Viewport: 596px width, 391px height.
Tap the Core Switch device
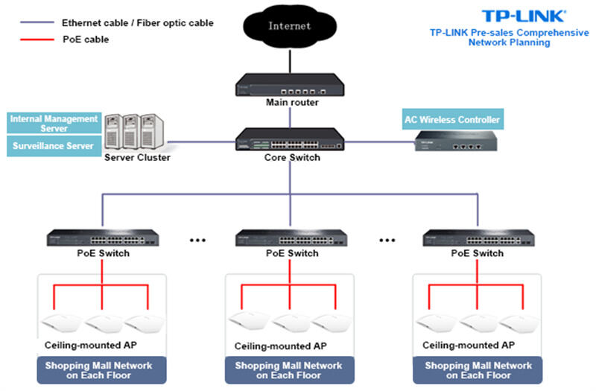(290, 139)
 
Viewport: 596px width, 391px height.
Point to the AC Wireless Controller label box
(452, 119)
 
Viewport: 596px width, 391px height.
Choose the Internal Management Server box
(54, 124)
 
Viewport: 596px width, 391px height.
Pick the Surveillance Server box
(54, 146)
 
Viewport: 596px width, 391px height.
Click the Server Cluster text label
(137, 158)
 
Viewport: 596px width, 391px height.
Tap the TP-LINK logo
(524, 16)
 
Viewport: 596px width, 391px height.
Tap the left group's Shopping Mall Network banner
(101, 370)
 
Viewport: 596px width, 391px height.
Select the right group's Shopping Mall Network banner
(478, 370)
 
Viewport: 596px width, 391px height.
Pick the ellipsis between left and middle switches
(197, 240)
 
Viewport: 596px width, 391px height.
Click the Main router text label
(292, 102)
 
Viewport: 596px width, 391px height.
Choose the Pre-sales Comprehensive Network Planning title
(509, 38)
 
